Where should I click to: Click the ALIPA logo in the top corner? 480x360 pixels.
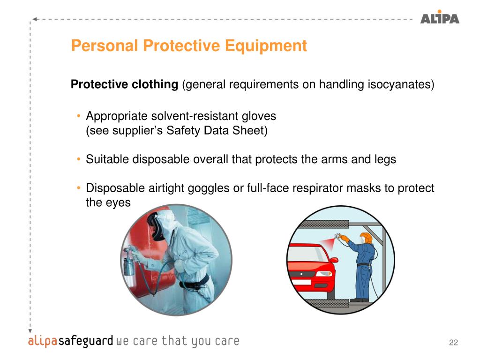click(x=440, y=17)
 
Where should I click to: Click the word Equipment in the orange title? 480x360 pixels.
click(x=266, y=45)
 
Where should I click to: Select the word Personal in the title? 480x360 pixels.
click(x=105, y=45)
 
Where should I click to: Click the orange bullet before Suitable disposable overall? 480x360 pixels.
click(x=79, y=159)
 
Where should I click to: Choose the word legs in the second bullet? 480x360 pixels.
click(x=385, y=159)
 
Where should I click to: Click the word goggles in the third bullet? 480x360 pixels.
click(x=208, y=188)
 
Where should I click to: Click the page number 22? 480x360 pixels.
click(x=453, y=342)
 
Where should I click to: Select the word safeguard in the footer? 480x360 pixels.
click(x=86, y=341)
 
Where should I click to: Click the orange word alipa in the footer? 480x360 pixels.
click(x=43, y=341)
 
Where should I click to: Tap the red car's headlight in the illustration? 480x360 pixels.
click(x=323, y=274)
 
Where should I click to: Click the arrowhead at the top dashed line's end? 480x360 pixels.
click(x=35, y=19)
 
